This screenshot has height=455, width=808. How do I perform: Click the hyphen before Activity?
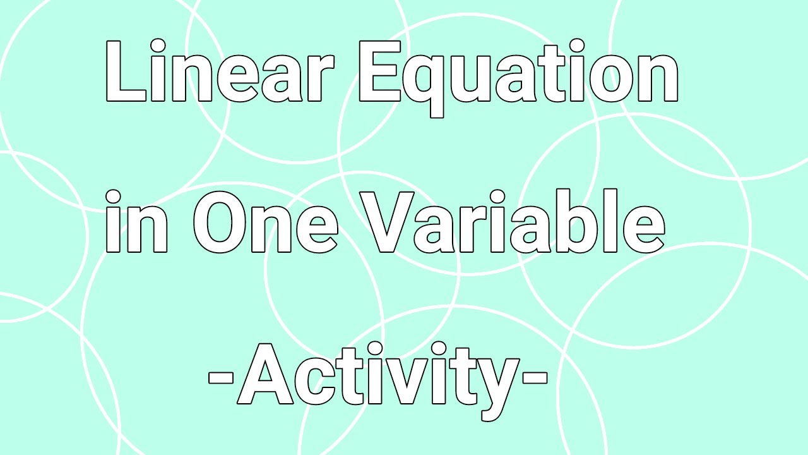point(221,379)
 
